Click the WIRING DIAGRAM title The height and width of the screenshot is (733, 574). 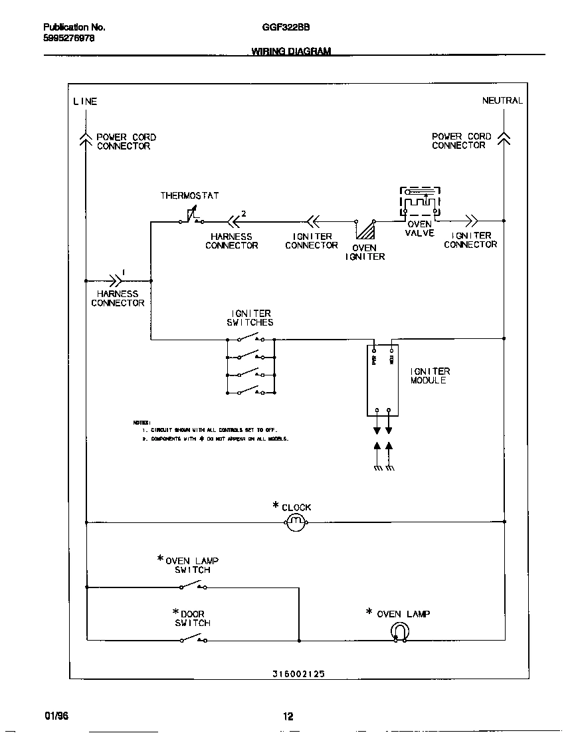point(291,51)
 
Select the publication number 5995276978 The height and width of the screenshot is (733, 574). point(68,38)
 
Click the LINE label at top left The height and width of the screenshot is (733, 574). point(85,102)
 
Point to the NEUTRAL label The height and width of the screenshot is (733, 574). point(502,100)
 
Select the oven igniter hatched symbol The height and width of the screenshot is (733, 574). point(365,229)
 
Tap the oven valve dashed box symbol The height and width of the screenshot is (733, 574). point(420,201)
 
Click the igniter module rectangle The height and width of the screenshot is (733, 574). point(382,381)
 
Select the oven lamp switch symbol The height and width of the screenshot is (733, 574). point(193,585)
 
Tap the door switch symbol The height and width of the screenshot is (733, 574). point(193,639)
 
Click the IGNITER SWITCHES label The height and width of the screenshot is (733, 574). point(250,318)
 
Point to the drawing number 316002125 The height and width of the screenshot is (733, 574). point(298,673)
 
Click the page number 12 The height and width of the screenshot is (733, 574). point(288,716)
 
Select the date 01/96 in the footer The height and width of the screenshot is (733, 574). point(56,716)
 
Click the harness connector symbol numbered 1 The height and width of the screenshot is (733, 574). point(117,280)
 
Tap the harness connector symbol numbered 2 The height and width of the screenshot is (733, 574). point(234,221)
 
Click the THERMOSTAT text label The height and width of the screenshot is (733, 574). point(189,195)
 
